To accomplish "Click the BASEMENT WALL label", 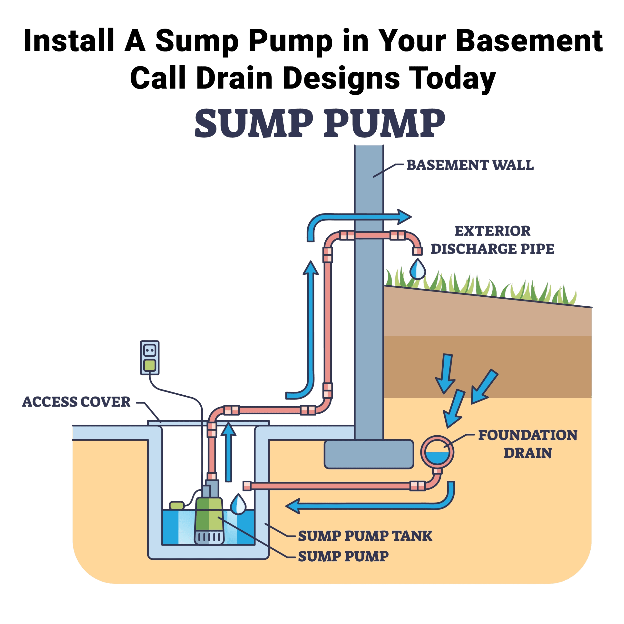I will click(x=470, y=165).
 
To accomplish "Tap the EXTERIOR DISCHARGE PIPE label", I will click(x=493, y=240).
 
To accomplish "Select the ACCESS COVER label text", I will click(x=76, y=402).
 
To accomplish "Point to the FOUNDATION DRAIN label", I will click(x=527, y=444).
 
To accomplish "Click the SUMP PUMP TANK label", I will click(x=365, y=536).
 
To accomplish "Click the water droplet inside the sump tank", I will click(x=238, y=504).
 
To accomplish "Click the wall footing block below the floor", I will click(x=369, y=454).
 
